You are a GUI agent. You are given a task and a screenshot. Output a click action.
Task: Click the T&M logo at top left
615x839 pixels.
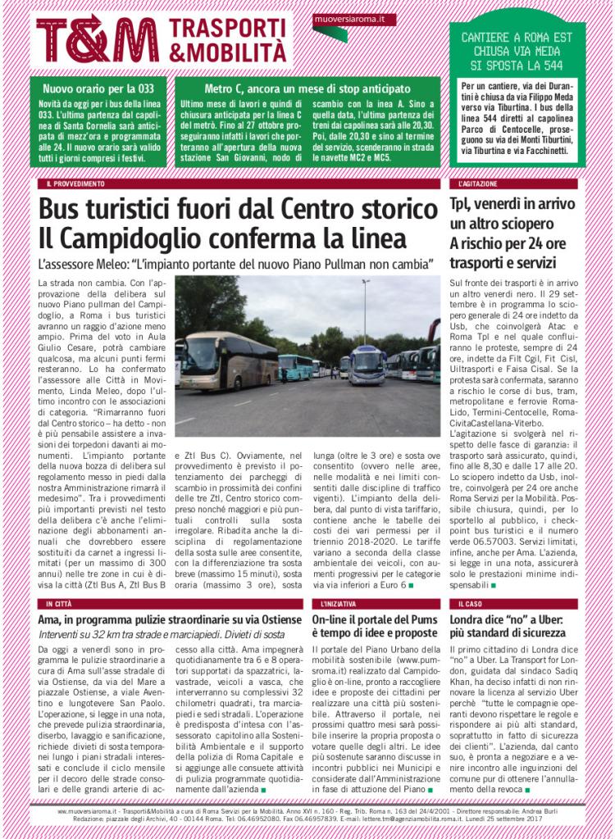coord(98,38)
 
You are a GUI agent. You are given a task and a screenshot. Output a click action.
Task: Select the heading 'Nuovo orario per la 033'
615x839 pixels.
coord(87,88)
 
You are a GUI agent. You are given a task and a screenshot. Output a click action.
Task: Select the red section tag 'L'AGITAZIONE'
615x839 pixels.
coord(475,184)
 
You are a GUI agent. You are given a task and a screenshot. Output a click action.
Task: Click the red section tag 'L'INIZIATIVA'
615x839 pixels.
coord(334,603)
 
